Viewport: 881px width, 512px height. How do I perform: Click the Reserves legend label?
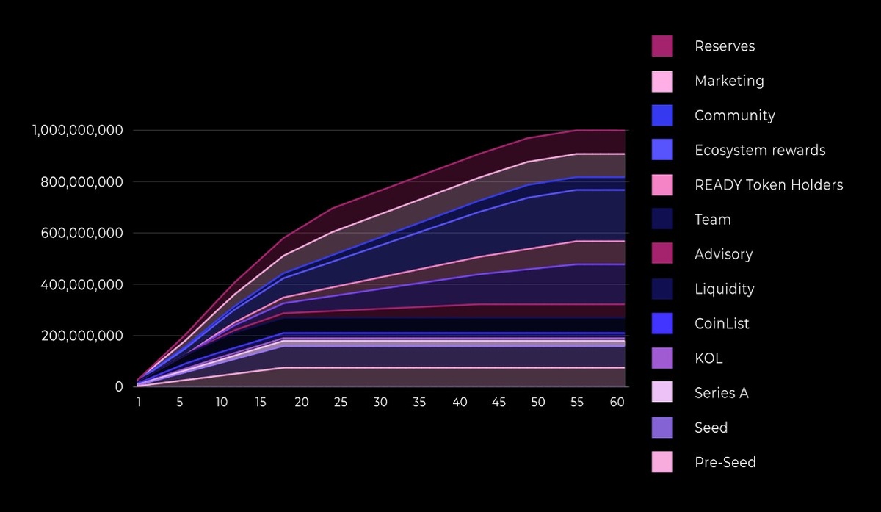(x=724, y=46)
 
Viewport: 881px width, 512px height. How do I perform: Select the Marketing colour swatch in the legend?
(x=662, y=81)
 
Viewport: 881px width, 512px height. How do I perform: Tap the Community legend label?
(x=734, y=115)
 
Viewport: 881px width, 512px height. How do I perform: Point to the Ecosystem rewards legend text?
(x=759, y=151)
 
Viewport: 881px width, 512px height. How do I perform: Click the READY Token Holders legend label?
(x=768, y=185)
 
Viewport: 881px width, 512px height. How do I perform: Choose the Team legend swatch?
(x=662, y=220)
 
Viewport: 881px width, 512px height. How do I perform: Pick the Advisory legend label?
(x=723, y=254)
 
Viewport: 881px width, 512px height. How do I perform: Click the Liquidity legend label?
(x=724, y=289)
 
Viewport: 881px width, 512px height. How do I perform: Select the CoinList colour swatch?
(x=662, y=323)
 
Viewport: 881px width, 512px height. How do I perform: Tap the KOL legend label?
(x=708, y=358)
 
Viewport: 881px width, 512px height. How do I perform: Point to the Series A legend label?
(x=721, y=393)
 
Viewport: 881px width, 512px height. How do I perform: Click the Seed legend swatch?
(x=662, y=428)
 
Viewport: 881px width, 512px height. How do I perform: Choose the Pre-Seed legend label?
(x=725, y=463)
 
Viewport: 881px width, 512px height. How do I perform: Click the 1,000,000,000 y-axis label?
(x=77, y=130)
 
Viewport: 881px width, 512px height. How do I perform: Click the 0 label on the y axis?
(x=118, y=386)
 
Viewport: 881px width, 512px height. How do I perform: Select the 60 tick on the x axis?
(x=617, y=403)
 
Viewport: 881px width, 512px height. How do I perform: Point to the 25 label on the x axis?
(x=341, y=403)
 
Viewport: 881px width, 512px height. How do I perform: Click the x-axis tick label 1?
(x=139, y=403)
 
